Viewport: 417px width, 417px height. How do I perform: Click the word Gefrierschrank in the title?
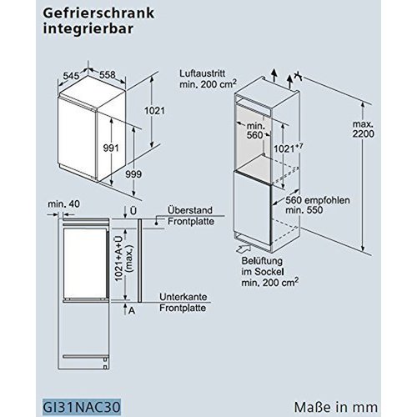pyautogui.click(x=98, y=13)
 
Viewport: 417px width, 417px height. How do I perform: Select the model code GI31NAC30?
pyautogui.click(x=82, y=407)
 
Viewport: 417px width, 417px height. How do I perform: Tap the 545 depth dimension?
pyautogui.click(x=71, y=76)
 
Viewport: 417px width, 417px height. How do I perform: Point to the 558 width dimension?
pyautogui.click(x=108, y=74)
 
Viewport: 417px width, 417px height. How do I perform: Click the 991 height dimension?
pyautogui.click(x=111, y=148)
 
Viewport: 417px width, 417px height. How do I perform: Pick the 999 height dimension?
pyautogui.click(x=133, y=174)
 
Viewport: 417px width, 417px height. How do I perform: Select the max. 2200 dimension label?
pyautogui.click(x=364, y=128)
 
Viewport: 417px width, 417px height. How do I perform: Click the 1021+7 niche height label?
pyautogui.click(x=288, y=148)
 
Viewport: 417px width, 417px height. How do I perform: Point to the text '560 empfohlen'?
pyautogui.click(x=318, y=200)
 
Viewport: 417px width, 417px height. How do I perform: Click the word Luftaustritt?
pyautogui.click(x=203, y=73)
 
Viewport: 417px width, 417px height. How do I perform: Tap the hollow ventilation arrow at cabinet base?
pyautogui.click(x=244, y=249)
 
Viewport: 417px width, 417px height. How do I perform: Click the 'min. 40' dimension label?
pyautogui.click(x=63, y=204)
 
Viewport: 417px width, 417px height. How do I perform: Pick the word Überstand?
pyautogui.click(x=190, y=210)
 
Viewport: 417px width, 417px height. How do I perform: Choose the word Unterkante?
pyautogui.click(x=183, y=297)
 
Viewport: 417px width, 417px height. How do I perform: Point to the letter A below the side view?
pyautogui.click(x=132, y=311)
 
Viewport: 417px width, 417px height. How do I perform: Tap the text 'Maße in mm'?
pyautogui.click(x=336, y=407)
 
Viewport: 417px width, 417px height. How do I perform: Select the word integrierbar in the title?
pyautogui.click(x=88, y=29)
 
